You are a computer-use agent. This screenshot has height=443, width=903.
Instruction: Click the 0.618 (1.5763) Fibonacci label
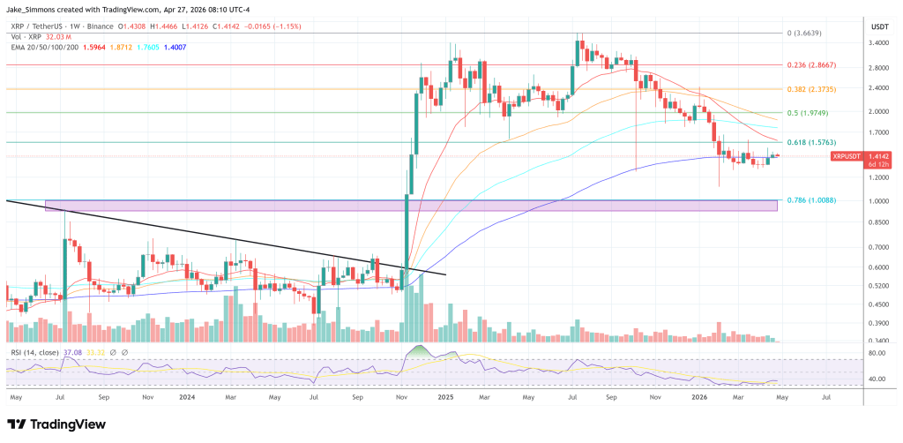(813, 142)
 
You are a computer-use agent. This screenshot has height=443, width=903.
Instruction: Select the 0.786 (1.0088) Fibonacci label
(813, 199)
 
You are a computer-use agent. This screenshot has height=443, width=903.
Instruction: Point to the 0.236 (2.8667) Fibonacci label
(813, 64)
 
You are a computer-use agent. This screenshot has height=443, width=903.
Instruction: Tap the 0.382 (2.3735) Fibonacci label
(813, 88)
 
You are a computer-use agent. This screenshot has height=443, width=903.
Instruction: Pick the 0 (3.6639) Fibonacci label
(810, 33)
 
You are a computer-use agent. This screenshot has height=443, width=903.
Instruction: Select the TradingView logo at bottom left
(55, 423)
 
